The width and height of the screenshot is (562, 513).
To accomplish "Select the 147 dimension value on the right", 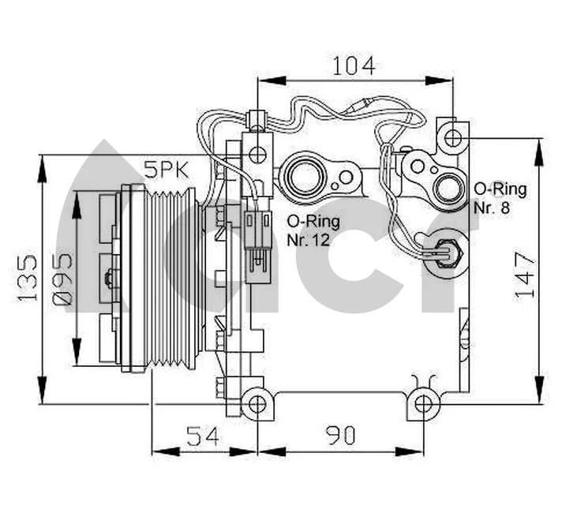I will [x=526, y=275].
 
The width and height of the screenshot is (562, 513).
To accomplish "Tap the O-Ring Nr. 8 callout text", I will [x=499, y=197].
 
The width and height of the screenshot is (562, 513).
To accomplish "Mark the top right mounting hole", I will [x=451, y=139].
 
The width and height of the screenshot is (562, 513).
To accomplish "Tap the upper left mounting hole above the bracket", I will [x=257, y=153].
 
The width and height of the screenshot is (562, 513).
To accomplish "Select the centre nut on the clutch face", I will [x=110, y=277].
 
